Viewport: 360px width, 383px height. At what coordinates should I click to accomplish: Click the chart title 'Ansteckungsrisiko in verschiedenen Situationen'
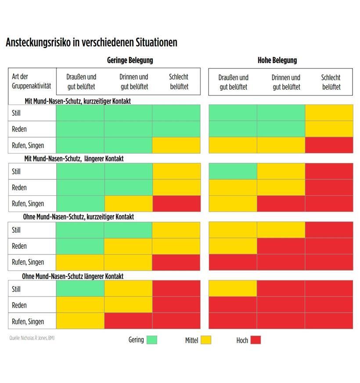[x=91, y=43]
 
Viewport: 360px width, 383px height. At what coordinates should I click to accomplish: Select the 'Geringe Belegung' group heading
[x=130, y=60]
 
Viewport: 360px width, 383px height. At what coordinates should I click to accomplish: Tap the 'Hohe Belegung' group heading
[x=277, y=60]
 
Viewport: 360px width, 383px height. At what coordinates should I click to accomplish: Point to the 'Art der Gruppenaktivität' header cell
[x=32, y=82]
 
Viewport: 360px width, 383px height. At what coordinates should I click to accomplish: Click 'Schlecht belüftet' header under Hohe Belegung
[x=331, y=82]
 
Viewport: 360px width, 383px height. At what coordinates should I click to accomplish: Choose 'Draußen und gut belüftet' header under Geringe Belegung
[x=81, y=82]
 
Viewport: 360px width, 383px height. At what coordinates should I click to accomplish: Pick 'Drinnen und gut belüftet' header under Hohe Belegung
[x=286, y=82]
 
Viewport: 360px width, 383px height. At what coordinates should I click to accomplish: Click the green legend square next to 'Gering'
[x=152, y=340]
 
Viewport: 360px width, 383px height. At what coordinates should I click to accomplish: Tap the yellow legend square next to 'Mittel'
[x=206, y=340]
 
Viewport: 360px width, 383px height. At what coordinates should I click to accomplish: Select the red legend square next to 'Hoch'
[x=256, y=340]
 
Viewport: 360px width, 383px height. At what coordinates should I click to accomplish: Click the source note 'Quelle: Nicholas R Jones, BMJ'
[x=32, y=338]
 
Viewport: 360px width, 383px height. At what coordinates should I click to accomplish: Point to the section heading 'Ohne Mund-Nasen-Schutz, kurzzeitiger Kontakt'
[x=79, y=217]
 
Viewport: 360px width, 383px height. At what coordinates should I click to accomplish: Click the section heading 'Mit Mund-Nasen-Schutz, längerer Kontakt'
[x=74, y=158]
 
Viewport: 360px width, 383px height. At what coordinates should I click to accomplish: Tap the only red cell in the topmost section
[x=329, y=145]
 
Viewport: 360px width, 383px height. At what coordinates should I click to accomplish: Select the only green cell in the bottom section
[x=80, y=289]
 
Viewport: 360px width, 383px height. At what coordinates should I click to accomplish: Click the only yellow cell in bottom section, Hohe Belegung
[x=233, y=289]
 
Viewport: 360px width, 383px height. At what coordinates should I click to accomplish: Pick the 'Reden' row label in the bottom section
[x=19, y=305]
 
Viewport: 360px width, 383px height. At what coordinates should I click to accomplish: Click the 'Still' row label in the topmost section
[x=17, y=113]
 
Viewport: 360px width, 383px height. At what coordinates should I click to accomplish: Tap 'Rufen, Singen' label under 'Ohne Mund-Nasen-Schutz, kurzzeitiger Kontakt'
[x=28, y=262]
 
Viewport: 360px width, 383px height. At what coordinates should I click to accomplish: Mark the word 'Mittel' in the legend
[x=191, y=340]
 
